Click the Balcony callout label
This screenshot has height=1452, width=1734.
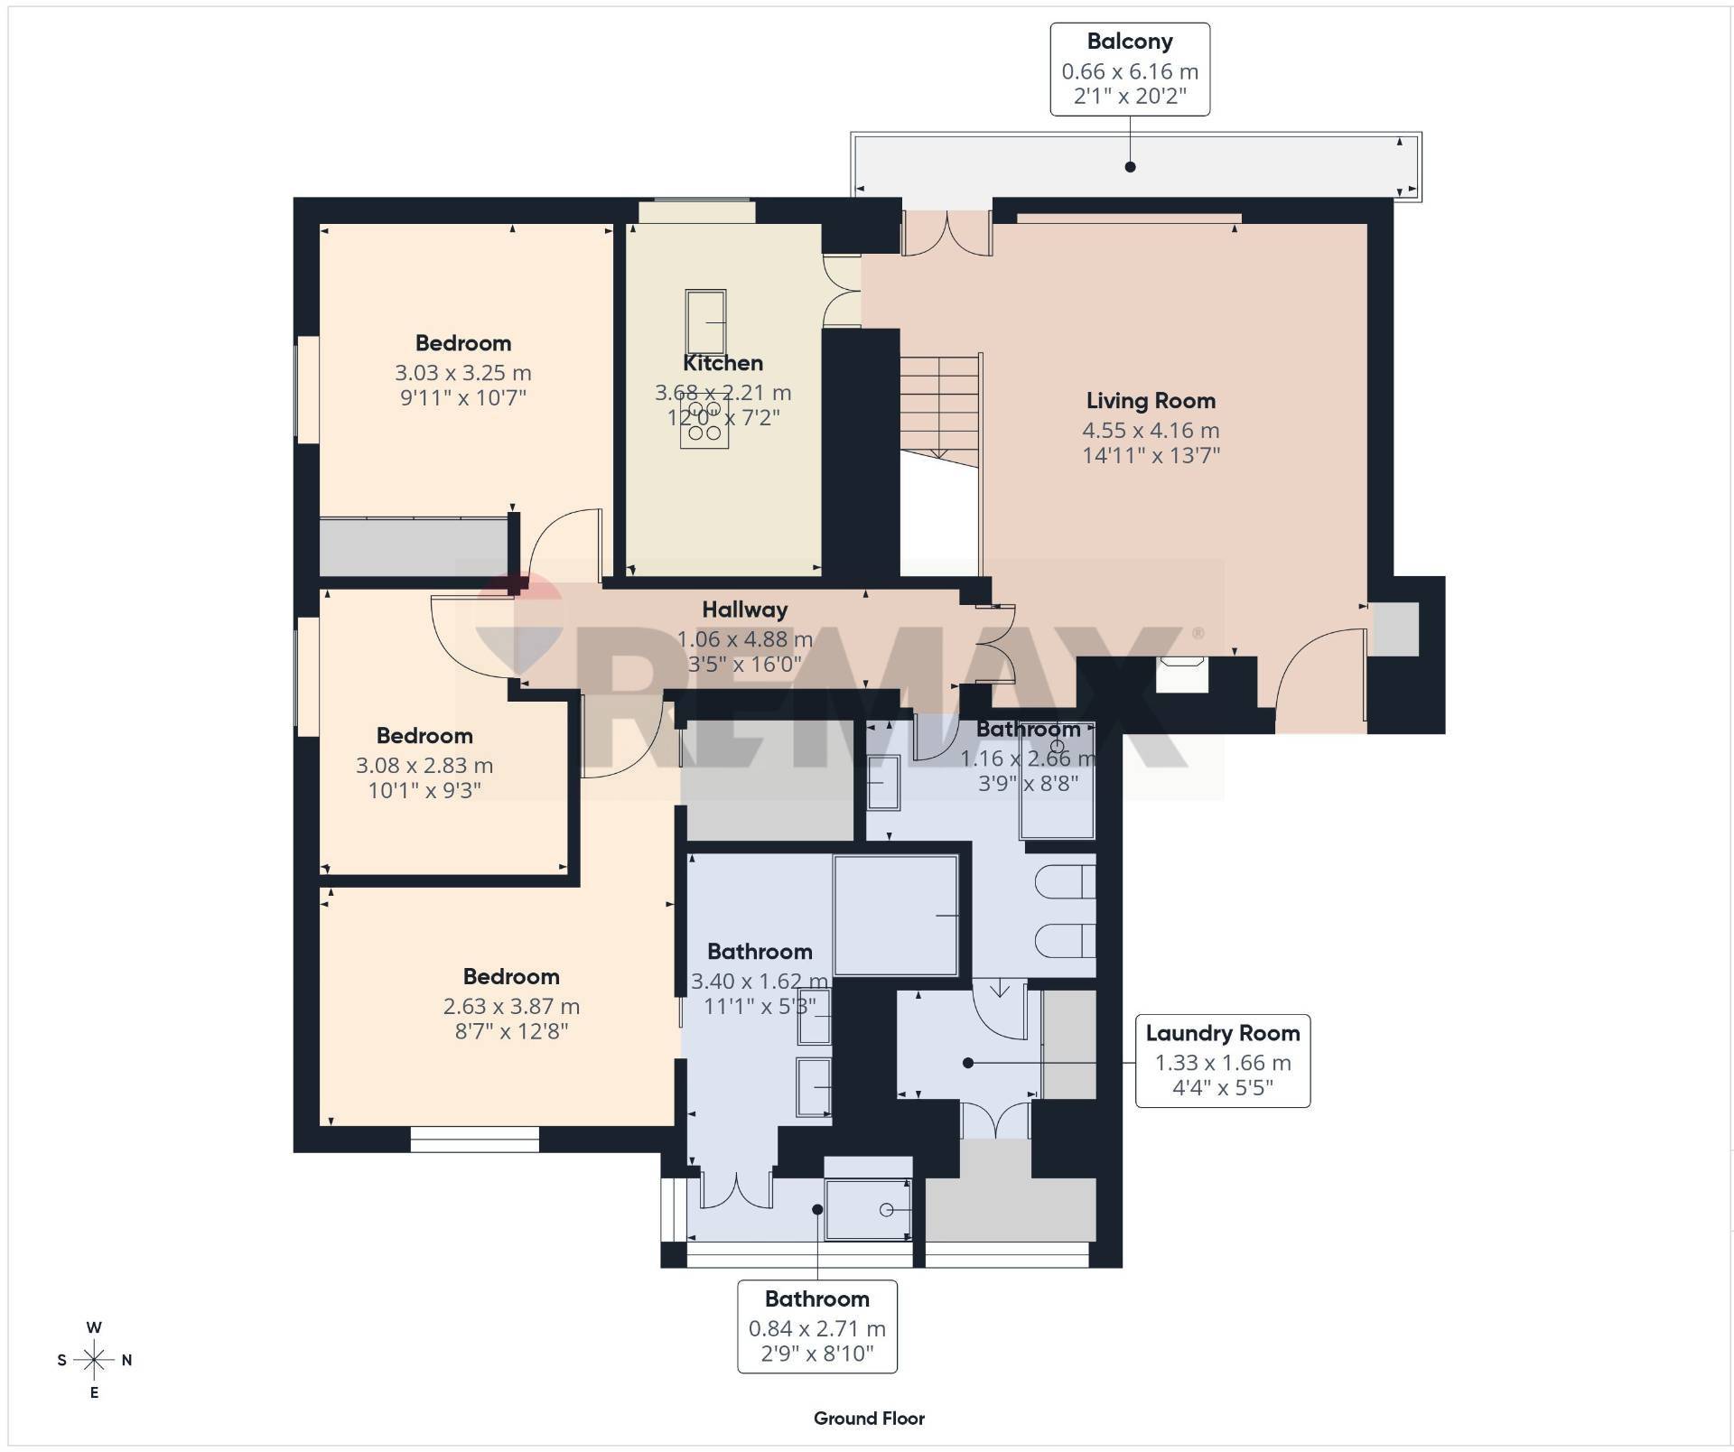coord(1130,70)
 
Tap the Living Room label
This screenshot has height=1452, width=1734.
coord(1151,401)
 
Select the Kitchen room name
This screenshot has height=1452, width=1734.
coord(722,363)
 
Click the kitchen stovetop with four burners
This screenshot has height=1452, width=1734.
coord(704,427)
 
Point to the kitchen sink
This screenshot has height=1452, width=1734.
coord(705,321)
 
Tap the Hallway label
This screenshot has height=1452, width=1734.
coord(745,610)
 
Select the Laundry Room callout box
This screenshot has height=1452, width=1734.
coord(1223,1061)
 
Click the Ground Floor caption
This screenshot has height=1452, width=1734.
coord(869,1419)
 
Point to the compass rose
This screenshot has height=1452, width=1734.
coord(94,1359)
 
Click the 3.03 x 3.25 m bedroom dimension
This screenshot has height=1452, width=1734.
coord(462,373)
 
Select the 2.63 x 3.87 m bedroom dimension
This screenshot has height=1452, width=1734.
coord(511,1007)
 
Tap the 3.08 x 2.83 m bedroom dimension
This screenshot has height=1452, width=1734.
coord(424,766)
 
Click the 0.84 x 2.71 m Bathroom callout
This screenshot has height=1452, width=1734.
coord(817,1326)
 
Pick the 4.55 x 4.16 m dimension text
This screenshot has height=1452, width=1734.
coord(1151,431)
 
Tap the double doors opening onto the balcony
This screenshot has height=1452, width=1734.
coord(946,233)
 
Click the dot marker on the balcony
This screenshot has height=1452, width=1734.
coord(1130,167)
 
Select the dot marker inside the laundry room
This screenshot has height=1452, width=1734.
coord(968,1063)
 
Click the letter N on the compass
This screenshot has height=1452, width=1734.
coord(126,1360)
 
